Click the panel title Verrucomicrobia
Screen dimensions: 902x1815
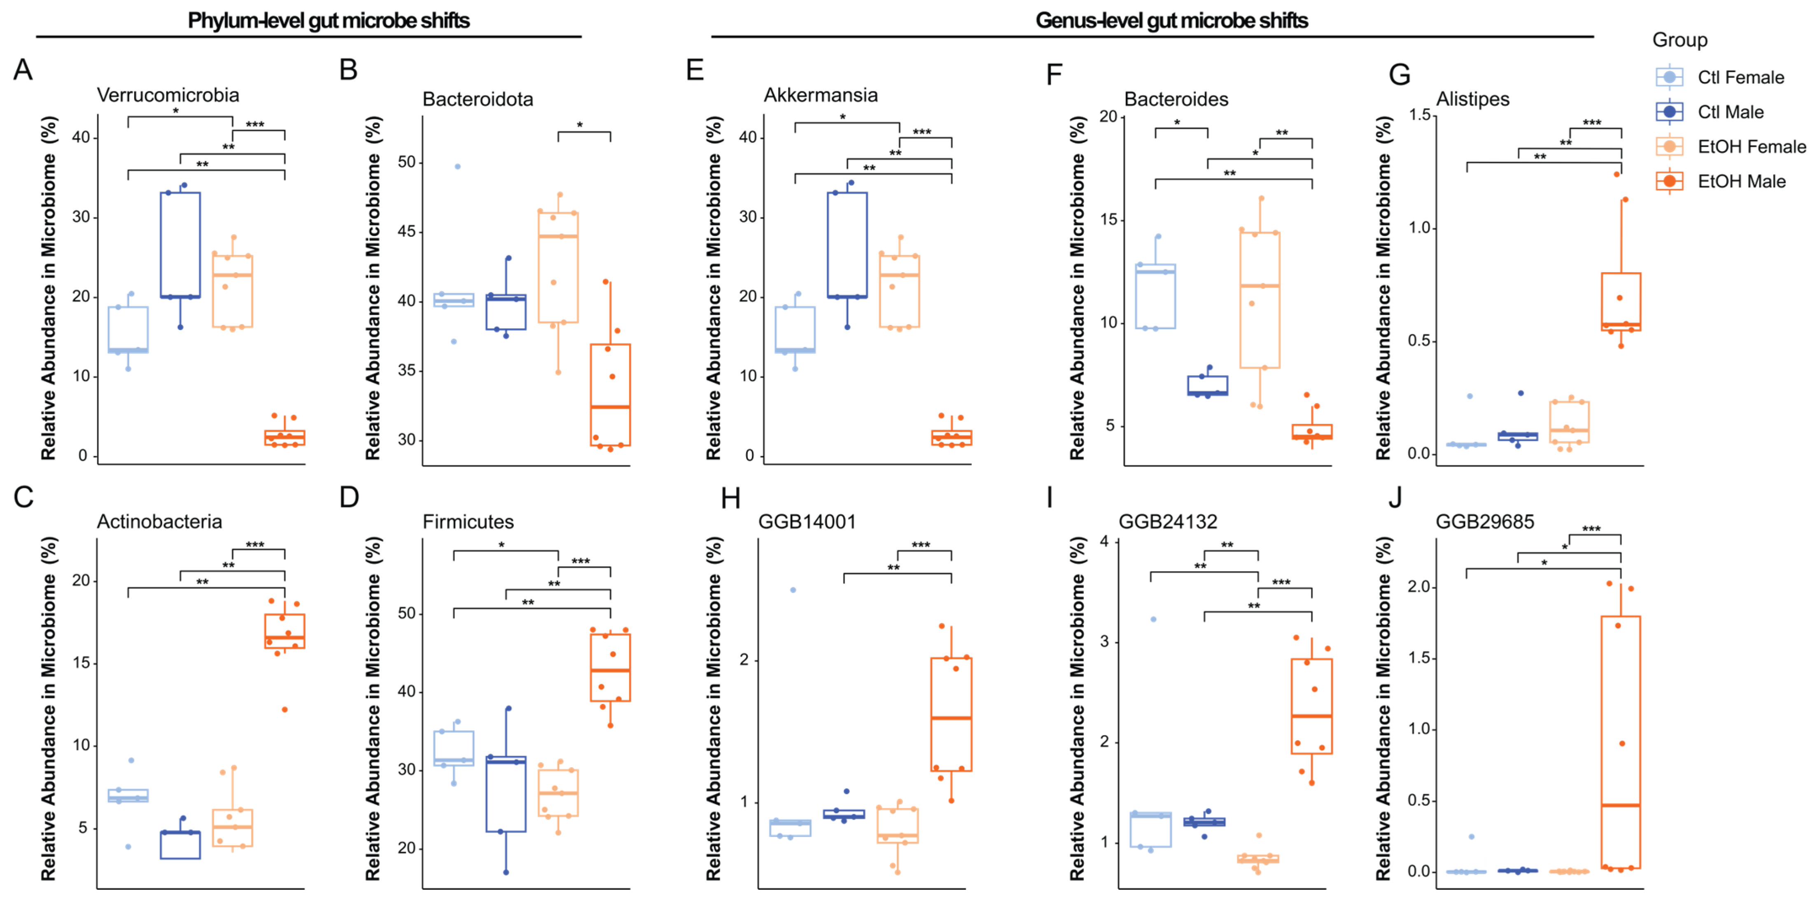click(168, 95)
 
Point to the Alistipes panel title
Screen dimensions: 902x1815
click(1472, 99)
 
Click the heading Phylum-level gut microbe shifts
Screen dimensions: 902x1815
click(328, 21)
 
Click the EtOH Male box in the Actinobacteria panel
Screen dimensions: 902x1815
click(285, 631)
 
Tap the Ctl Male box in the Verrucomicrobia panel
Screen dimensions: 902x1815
click(180, 245)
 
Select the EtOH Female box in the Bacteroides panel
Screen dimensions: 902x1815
click(1260, 299)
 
